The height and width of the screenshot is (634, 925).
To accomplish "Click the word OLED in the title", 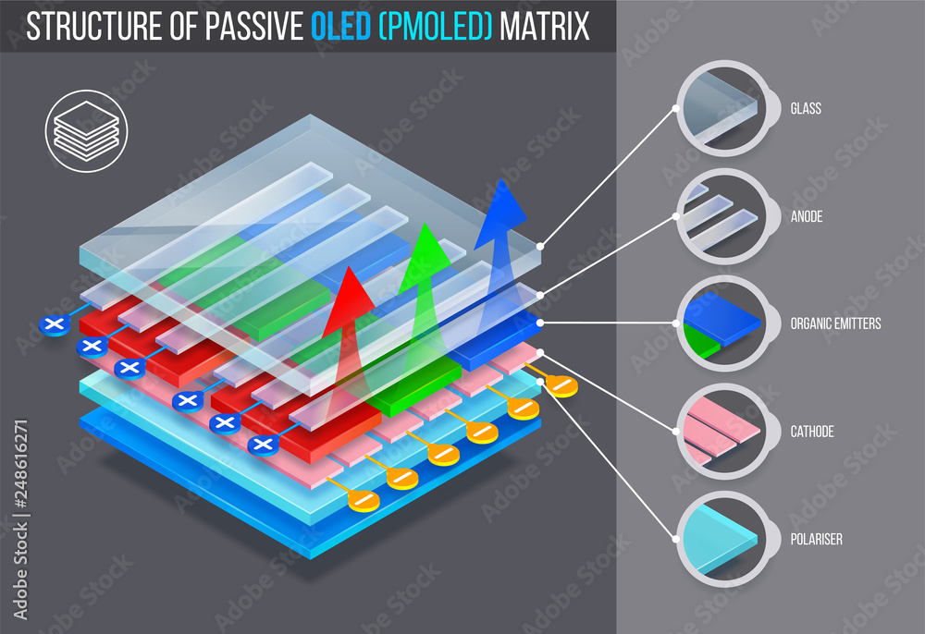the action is coord(342,27).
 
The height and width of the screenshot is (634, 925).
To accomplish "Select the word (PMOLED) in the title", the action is coord(434,27).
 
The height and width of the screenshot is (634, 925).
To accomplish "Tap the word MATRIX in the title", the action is coord(544,27).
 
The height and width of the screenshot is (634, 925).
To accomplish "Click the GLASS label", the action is coord(806,109).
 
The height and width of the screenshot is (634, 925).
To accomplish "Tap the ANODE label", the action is coord(807,216).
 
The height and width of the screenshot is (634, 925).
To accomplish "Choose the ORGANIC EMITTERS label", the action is coord(835,323).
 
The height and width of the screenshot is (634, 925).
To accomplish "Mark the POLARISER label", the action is coord(816,539).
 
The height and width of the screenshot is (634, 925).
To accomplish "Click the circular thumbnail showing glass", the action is coord(721,109).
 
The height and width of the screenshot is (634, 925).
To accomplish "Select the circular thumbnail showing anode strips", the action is coord(721,216).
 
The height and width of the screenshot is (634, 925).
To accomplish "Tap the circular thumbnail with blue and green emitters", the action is coord(721,323).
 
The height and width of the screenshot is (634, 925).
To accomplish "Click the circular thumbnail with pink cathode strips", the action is coord(721,431).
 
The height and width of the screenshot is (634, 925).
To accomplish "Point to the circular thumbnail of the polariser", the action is coord(721,539).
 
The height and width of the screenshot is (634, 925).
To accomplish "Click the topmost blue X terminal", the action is coord(55,324).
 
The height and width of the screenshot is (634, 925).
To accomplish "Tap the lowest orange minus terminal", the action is coord(363,500).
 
